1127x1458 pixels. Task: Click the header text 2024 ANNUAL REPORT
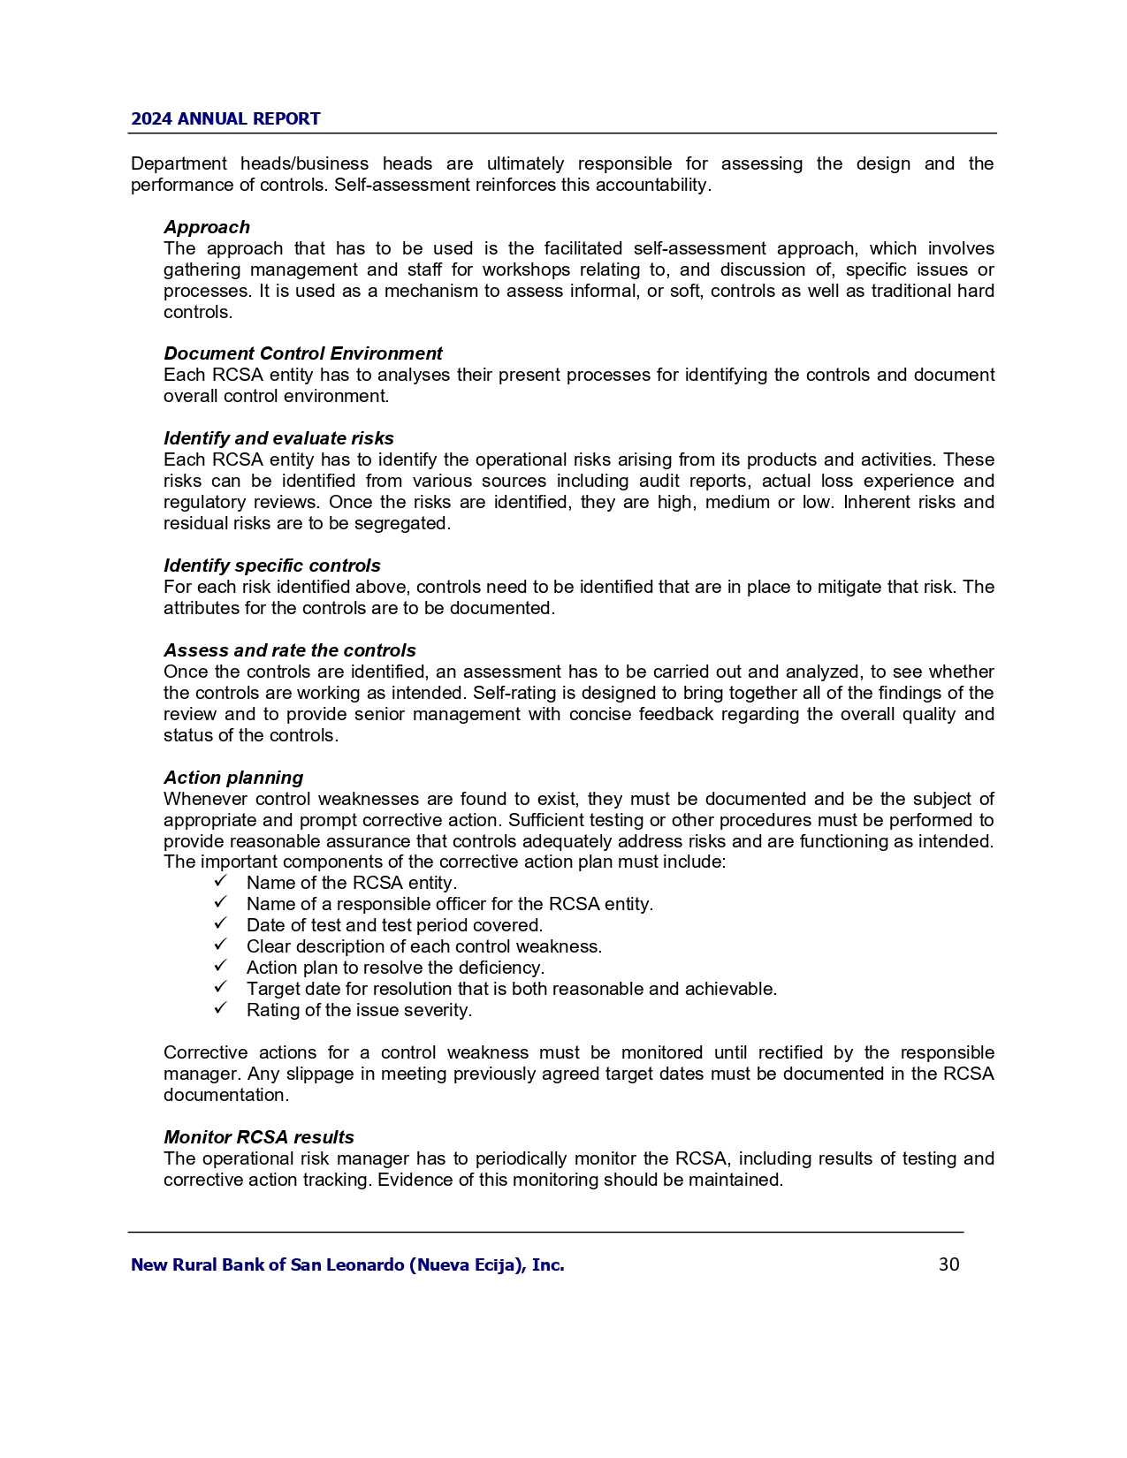[x=225, y=119]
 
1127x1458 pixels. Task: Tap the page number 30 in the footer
[x=948, y=1264]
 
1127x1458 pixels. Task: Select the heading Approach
[x=207, y=227]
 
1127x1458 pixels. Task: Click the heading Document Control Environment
[x=302, y=353]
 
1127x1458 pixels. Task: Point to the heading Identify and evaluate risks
[x=278, y=438]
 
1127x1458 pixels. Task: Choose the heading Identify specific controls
[x=272, y=566]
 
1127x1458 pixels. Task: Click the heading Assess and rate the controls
[x=290, y=650]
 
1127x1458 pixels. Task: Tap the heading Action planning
[x=233, y=778]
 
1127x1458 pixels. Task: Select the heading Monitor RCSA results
[x=259, y=1137]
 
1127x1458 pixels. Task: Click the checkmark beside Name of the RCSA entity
[x=221, y=882]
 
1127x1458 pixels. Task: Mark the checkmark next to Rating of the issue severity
[x=221, y=1009]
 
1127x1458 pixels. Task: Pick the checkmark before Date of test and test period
[x=221, y=924]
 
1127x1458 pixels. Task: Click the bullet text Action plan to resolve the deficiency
[x=395, y=968]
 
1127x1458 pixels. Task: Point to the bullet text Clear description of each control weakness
[x=424, y=946]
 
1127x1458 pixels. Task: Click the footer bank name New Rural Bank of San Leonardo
[x=347, y=1264]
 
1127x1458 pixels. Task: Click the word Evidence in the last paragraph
[x=413, y=1180]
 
